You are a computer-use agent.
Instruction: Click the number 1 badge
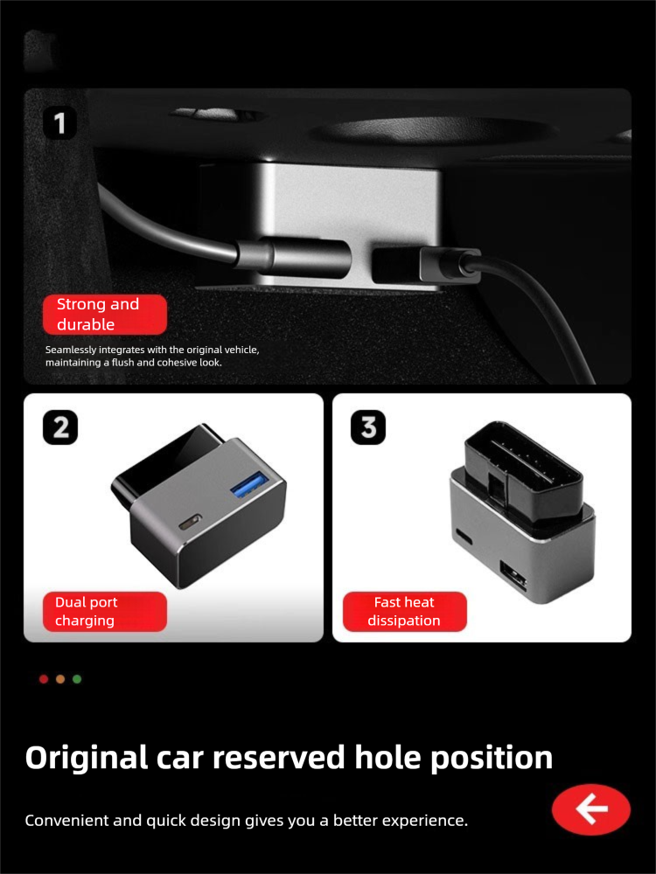[x=59, y=122]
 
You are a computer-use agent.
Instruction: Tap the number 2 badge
[x=60, y=427]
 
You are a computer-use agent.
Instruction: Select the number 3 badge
[x=368, y=427]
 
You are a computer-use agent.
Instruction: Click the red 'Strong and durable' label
[x=105, y=315]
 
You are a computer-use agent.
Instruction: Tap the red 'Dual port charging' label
[x=105, y=612]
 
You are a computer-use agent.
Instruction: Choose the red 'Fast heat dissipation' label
[x=404, y=612]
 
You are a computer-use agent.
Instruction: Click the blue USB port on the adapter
[x=248, y=484]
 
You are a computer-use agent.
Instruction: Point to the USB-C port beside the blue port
[x=189, y=524]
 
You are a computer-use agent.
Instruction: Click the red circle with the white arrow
[x=591, y=808]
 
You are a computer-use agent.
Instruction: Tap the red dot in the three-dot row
[x=44, y=679]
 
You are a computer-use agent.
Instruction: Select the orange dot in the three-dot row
[x=60, y=679]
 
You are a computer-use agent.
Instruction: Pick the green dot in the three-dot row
[x=77, y=679]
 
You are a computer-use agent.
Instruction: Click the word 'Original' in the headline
[x=87, y=758]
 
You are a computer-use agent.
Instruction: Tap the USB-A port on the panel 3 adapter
[x=514, y=576]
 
